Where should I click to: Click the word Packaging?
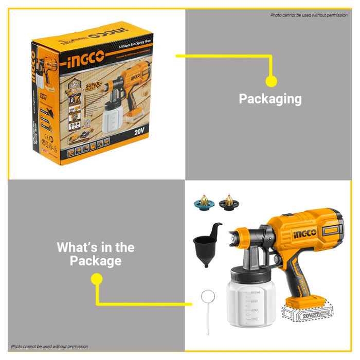tap(270, 99)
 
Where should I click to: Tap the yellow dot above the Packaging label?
tap(271, 81)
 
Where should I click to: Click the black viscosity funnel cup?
tap(205, 244)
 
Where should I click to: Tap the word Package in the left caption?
tap(96, 261)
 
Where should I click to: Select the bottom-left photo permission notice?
tap(50, 347)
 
